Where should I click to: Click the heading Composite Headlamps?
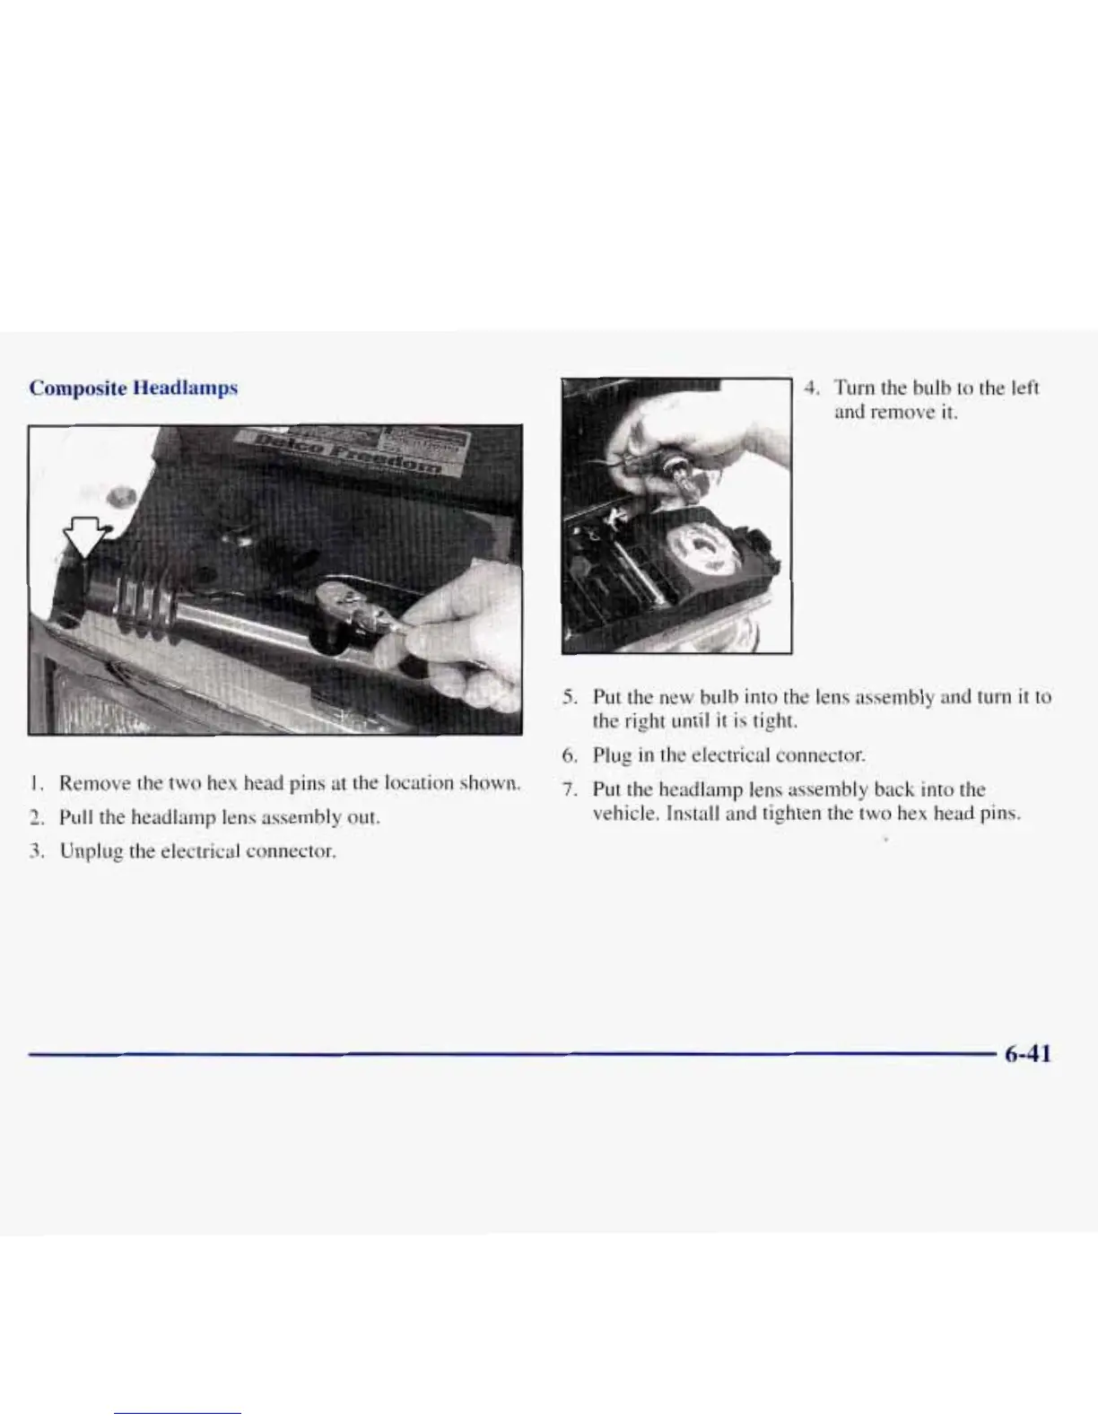pos(133,388)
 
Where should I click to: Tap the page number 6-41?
pos(1026,1054)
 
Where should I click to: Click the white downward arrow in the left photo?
pos(82,538)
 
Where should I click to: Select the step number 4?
pos(811,388)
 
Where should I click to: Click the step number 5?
pos(568,697)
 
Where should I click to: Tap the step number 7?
pos(568,790)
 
